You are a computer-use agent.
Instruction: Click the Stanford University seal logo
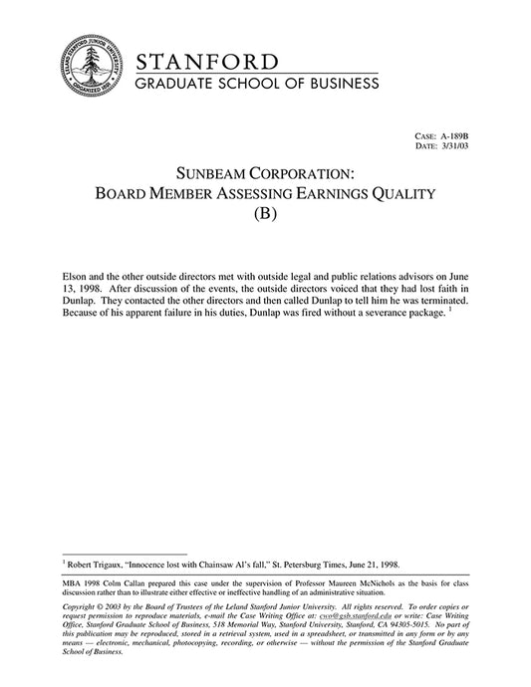(91, 66)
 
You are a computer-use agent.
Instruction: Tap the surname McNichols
(380, 582)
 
